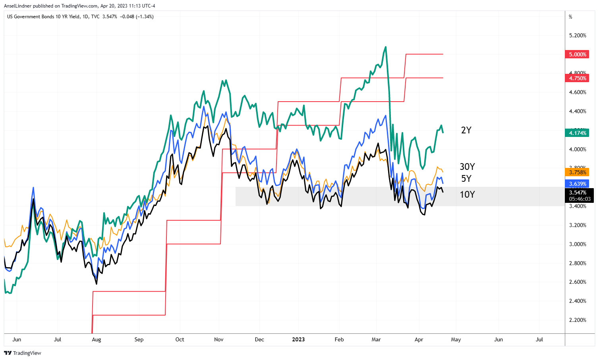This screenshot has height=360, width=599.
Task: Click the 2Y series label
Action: click(x=466, y=130)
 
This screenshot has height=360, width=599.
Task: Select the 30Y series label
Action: click(x=467, y=167)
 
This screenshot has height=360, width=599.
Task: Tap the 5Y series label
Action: click(x=466, y=179)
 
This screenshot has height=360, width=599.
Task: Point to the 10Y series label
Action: click(x=467, y=194)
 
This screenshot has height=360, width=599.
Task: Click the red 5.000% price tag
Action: click(x=577, y=54)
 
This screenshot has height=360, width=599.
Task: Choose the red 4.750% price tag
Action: click(x=577, y=78)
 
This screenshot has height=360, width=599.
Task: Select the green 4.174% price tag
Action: click(x=577, y=133)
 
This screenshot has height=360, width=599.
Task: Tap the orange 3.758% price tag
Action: click(x=577, y=172)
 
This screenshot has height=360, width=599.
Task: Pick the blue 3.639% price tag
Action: click(x=577, y=184)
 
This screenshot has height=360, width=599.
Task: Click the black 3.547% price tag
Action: click(x=577, y=193)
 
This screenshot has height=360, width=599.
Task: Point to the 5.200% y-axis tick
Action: click(x=578, y=35)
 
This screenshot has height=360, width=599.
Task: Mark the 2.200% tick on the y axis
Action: click(x=578, y=320)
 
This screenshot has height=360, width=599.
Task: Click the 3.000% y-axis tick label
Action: click(x=578, y=244)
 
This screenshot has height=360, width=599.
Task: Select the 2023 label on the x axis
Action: click(x=298, y=339)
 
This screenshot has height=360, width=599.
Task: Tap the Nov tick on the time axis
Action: click(x=219, y=339)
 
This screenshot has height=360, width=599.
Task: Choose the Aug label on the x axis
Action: click(x=96, y=339)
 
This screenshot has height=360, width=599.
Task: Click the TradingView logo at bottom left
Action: click(x=23, y=353)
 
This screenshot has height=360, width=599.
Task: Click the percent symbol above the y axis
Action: click(x=570, y=17)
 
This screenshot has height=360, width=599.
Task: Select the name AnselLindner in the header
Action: click(x=17, y=6)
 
